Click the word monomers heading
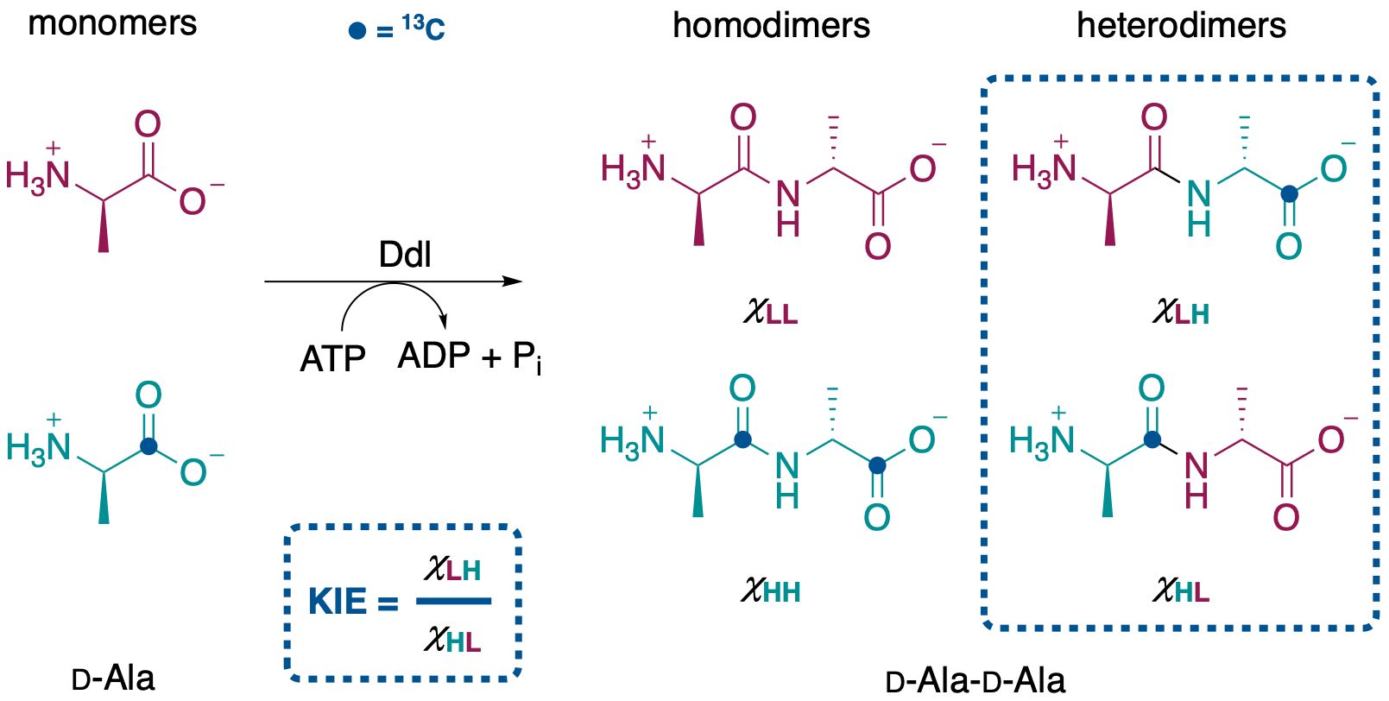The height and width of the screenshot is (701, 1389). (x=112, y=23)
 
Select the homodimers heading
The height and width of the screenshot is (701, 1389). (x=771, y=25)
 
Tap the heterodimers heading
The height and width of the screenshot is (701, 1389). (x=1181, y=25)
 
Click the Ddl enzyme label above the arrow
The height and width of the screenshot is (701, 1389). (x=405, y=255)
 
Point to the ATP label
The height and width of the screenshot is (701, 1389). (x=332, y=358)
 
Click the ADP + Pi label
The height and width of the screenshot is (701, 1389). (x=470, y=357)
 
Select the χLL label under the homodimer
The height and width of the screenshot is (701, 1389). (x=770, y=312)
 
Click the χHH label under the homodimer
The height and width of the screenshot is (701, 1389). (x=770, y=590)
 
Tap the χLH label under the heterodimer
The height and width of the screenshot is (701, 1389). (x=1180, y=312)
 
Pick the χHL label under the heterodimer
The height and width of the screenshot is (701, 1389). (x=1180, y=590)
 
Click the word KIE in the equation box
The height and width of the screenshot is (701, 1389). (x=337, y=602)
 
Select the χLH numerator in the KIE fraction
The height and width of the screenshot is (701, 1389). (x=452, y=569)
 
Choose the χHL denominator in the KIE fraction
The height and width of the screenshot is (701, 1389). (x=452, y=640)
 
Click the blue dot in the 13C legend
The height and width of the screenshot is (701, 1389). (x=357, y=31)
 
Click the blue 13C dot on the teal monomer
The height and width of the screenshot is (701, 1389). (x=148, y=446)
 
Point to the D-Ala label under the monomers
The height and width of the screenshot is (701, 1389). (x=113, y=678)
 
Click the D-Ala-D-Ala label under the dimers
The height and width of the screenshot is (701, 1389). (x=975, y=680)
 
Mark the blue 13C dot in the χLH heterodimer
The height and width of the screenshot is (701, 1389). (x=1289, y=193)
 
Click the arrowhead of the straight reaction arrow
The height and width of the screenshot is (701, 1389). (x=514, y=281)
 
